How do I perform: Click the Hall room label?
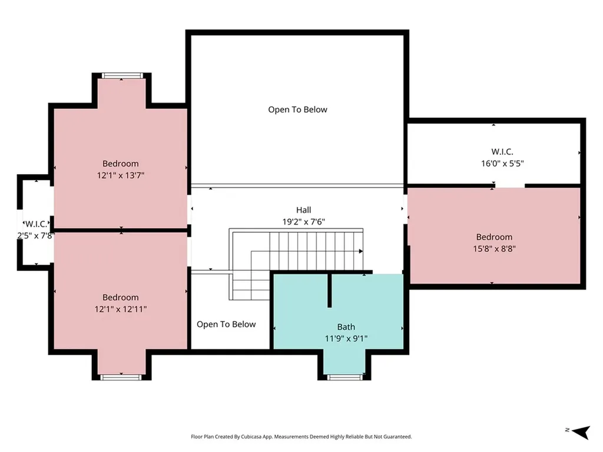pos(303,210)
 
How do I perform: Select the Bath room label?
pos(346,327)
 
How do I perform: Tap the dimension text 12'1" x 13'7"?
pos(120,175)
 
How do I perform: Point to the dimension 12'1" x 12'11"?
pos(120,309)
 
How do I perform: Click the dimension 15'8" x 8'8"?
pos(494,249)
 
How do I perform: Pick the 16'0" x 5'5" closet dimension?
pos(502,164)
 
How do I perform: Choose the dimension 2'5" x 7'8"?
pos(36,235)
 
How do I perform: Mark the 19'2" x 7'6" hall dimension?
pos(303,222)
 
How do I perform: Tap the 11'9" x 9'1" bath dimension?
pos(346,338)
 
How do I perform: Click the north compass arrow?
pos(581,432)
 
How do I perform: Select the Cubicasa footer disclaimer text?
pos(301,437)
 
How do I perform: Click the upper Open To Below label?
pos(297,109)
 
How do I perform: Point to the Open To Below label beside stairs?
pos(226,324)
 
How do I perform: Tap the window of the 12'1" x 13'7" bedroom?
pos(122,76)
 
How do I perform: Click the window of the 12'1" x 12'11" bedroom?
pos(121,377)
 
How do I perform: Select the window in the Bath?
pos(344,377)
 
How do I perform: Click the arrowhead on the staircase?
pos(361,251)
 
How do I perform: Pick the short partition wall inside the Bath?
pos(330,290)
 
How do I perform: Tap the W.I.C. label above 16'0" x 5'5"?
pos(502,152)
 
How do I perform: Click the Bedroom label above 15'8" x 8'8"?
pos(494,237)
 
